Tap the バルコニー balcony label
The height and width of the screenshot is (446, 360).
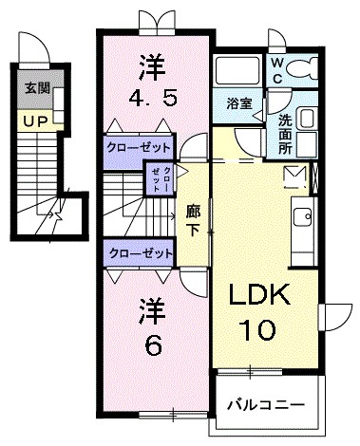coord(266,404)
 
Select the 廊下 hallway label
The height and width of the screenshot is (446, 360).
coord(193,220)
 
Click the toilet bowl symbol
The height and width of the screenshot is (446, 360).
coord(306,68)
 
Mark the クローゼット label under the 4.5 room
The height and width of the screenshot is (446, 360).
coord(139,148)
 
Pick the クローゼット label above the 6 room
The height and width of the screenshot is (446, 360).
coord(139,253)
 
